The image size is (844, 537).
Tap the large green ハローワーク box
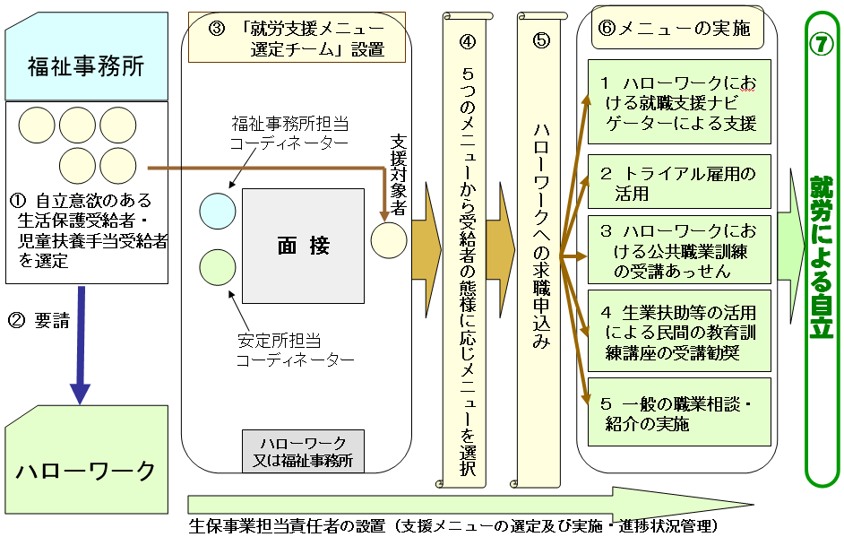click(x=85, y=470)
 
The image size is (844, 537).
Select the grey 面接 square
click(x=303, y=246)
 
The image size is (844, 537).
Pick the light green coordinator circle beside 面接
click(x=217, y=267)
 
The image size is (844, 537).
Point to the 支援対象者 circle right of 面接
click(x=389, y=241)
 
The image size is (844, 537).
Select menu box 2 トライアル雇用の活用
click(x=679, y=182)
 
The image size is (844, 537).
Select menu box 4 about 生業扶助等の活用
click(x=679, y=331)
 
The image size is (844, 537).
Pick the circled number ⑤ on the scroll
click(x=539, y=40)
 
